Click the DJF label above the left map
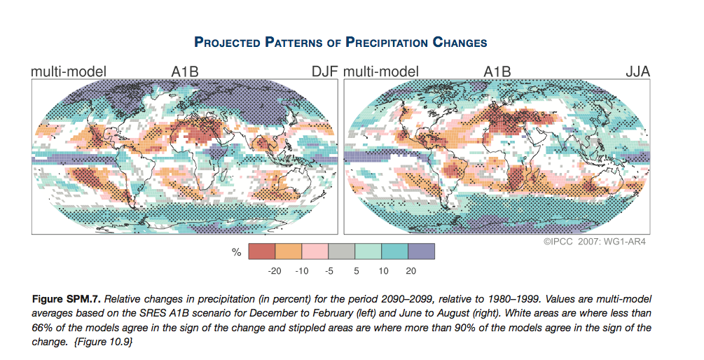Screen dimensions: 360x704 [325, 71]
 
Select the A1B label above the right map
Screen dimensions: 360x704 [497, 71]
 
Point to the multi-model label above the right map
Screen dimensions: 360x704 [381, 71]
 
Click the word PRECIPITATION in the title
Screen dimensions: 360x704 [389, 43]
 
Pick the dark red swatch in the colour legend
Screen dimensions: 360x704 [262, 251]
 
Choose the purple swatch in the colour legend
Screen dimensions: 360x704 [422, 251]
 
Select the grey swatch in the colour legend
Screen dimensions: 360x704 [342, 251]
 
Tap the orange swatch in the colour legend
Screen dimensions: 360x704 [289, 251]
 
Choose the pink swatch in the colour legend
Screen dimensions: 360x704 [315, 251]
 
